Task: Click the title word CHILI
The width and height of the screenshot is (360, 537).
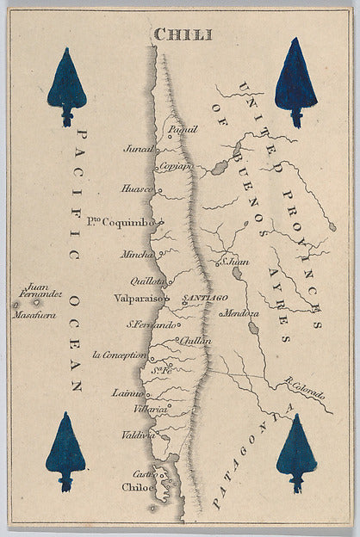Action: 183,34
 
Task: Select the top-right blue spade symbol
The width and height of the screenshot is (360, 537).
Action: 295,81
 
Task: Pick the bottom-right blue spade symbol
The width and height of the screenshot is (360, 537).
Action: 296,452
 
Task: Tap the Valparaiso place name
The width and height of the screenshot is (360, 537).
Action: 138,298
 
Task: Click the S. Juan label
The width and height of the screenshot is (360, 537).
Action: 236,261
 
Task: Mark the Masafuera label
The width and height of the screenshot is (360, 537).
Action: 34,315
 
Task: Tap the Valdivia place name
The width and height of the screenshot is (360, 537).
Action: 138,435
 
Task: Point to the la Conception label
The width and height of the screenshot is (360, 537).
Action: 120,354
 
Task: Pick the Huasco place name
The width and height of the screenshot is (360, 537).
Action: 138,188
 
